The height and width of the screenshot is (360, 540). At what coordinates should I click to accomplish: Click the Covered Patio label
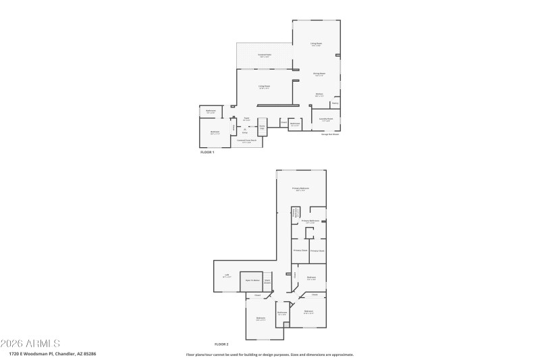tap(264, 55)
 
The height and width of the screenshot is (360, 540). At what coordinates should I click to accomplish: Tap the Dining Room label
tap(319, 74)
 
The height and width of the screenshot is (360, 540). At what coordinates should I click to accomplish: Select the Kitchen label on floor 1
tap(319, 95)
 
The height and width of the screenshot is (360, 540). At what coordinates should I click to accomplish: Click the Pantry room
tap(335, 103)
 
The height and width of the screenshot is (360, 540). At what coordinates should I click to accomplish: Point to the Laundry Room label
tap(325, 120)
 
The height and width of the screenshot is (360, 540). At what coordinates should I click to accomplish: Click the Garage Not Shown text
tap(330, 134)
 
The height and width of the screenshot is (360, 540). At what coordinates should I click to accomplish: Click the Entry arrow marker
tap(244, 129)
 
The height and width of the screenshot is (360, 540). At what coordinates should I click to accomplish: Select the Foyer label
tap(246, 119)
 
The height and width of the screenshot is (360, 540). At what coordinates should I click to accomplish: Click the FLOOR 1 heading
tap(207, 153)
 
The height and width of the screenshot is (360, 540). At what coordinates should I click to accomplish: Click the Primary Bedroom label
tap(300, 188)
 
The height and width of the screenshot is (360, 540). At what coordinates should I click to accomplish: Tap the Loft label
tap(227, 276)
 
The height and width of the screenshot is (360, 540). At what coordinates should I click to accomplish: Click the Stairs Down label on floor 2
tap(267, 280)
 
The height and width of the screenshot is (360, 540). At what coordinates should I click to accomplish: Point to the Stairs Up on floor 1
tap(263, 127)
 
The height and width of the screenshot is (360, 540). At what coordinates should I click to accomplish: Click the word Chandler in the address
tap(65, 353)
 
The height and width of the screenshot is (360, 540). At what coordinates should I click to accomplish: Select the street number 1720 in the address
tap(14, 353)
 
